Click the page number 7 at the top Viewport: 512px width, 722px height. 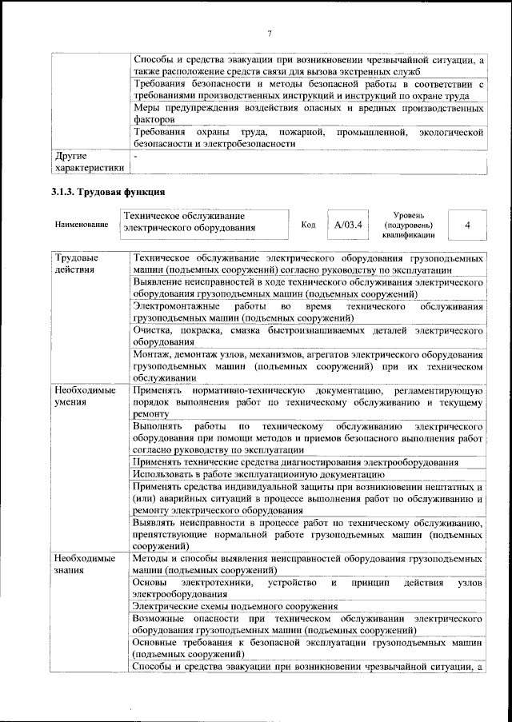pyautogui.click(x=270, y=33)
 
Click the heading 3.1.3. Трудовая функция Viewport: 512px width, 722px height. pyautogui.click(x=107, y=192)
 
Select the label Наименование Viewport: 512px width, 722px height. pyautogui.click(x=82, y=225)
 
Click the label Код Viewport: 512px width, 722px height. pyautogui.click(x=308, y=225)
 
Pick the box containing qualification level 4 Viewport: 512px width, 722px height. pyautogui.click(x=466, y=225)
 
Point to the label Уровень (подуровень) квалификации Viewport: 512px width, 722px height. pyautogui.click(x=408, y=225)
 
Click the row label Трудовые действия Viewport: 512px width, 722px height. pyautogui.click(x=76, y=264)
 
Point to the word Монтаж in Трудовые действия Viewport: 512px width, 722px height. pyautogui.click(x=153, y=354)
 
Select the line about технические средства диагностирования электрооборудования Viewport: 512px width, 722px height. pyautogui.click(x=295, y=462)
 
